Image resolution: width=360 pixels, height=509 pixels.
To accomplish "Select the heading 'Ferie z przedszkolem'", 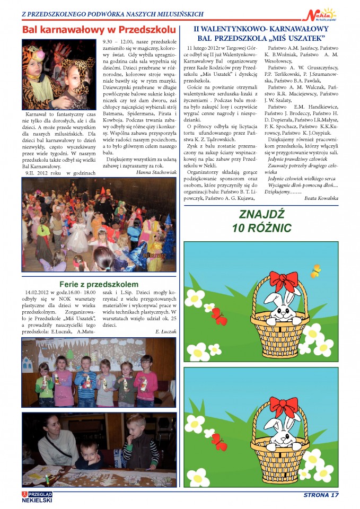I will coord(99,284).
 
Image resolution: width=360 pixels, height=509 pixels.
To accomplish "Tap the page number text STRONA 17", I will coord(321,496).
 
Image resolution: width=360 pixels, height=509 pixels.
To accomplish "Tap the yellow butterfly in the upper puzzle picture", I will coord(316,271).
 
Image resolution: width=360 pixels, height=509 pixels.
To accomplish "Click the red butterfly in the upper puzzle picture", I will coord(219,317).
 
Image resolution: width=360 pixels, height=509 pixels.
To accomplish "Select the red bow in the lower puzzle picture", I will coord(284,406).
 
